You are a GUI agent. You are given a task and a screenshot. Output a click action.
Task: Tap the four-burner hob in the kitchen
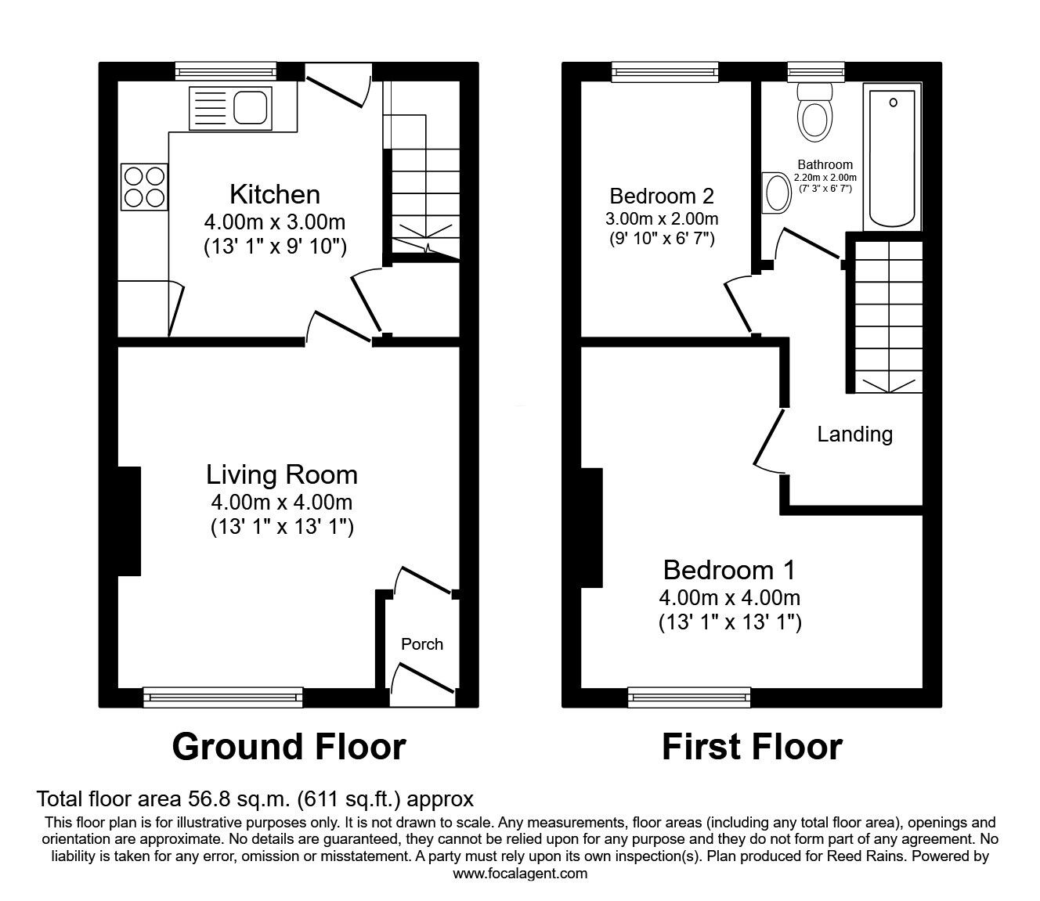pyautogui.click(x=144, y=186)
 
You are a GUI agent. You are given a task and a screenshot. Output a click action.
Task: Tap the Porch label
pyautogui.click(x=422, y=644)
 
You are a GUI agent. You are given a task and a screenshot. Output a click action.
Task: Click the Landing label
pyautogui.click(x=854, y=434)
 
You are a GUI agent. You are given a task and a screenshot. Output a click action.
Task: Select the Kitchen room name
pyautogui.click(x=274, y=194)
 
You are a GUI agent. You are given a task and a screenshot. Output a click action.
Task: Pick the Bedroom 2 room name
pyautogui.click(x=662, y=195)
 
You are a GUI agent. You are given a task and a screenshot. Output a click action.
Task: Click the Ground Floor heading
pyautogui.click(x=289, y=747)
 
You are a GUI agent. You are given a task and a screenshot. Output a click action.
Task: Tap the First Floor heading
pyautogui.click(x=752, y=747)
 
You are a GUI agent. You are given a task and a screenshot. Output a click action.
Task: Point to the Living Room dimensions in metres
pyautogui.click(x=281, y=502)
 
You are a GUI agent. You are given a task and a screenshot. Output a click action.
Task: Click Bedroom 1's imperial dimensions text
pyautogui.click(x=730, y=623)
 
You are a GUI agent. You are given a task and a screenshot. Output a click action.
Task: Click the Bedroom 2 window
pyautogui.click(x=665, y=72)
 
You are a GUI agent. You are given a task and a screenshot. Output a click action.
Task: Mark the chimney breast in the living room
pyautogui.click(x=129, y=521)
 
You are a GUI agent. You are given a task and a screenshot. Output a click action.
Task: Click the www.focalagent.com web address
pyautogui.click(x=520, y=874)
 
